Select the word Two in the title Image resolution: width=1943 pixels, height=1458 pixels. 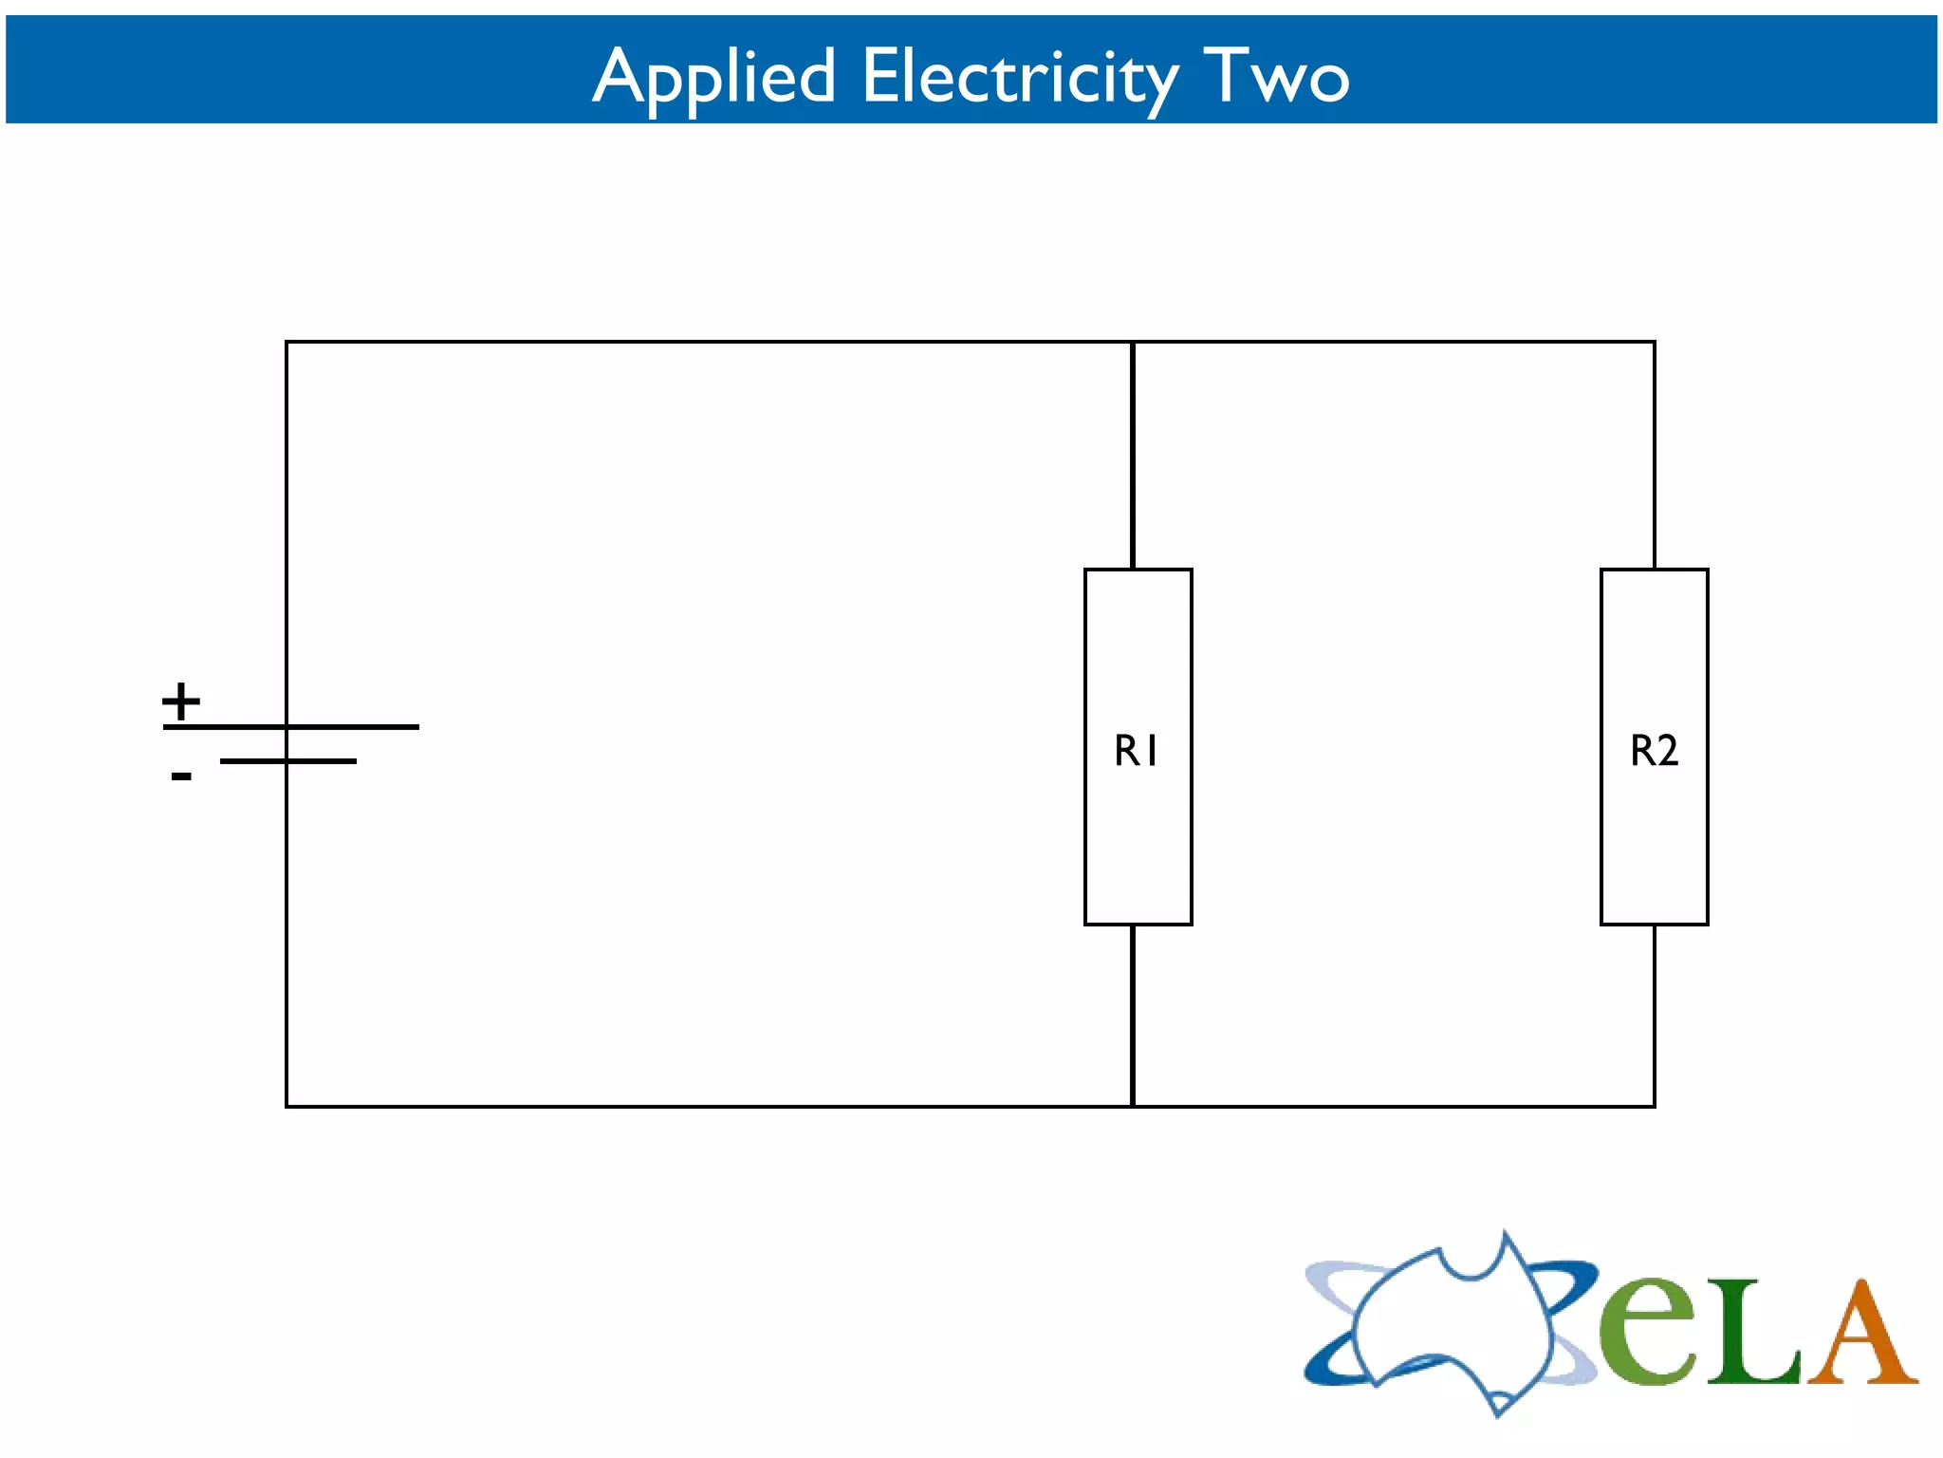tap(1276, 76)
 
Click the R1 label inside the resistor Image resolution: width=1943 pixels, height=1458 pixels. tap(1136, 751)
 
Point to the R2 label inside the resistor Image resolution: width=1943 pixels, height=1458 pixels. tap(1654, 751)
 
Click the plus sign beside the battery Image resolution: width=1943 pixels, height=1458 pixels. tap(181, 702)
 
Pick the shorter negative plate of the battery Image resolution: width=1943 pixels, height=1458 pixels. tap(323, 761)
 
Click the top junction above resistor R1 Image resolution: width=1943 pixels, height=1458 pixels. tap(1133, 343)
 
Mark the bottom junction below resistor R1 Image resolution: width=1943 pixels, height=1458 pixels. tap(1133, 1106)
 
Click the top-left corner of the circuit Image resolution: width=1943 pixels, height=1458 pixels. tap(287, 343)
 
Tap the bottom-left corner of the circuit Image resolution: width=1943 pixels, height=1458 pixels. tap(287, 1106)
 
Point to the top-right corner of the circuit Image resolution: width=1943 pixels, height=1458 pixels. tap(1655, 343)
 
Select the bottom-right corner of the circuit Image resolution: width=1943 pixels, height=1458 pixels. tap(1655, 1106)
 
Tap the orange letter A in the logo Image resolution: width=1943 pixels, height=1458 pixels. tap(1861, 1334)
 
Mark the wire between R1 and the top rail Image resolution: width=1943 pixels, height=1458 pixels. tap(1133, 456)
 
